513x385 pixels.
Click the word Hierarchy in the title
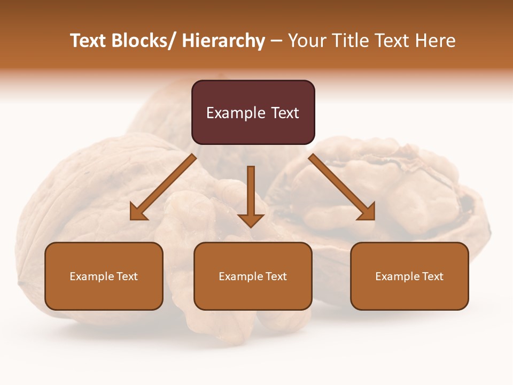[x=223, y=41]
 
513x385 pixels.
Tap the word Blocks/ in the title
[x=145, y=41]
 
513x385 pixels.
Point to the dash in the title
[x=276, y=41]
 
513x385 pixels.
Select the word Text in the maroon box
[x=285, y=113]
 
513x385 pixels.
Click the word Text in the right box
[x=432, y=276]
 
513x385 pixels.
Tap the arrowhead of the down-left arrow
[x=138, y=212]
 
